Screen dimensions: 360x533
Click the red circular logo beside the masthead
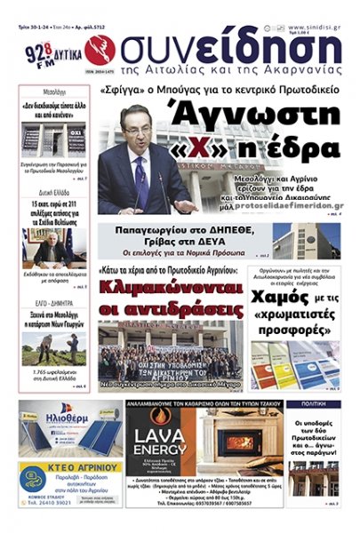[100, 50]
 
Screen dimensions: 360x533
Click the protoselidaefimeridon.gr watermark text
[281, 203]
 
